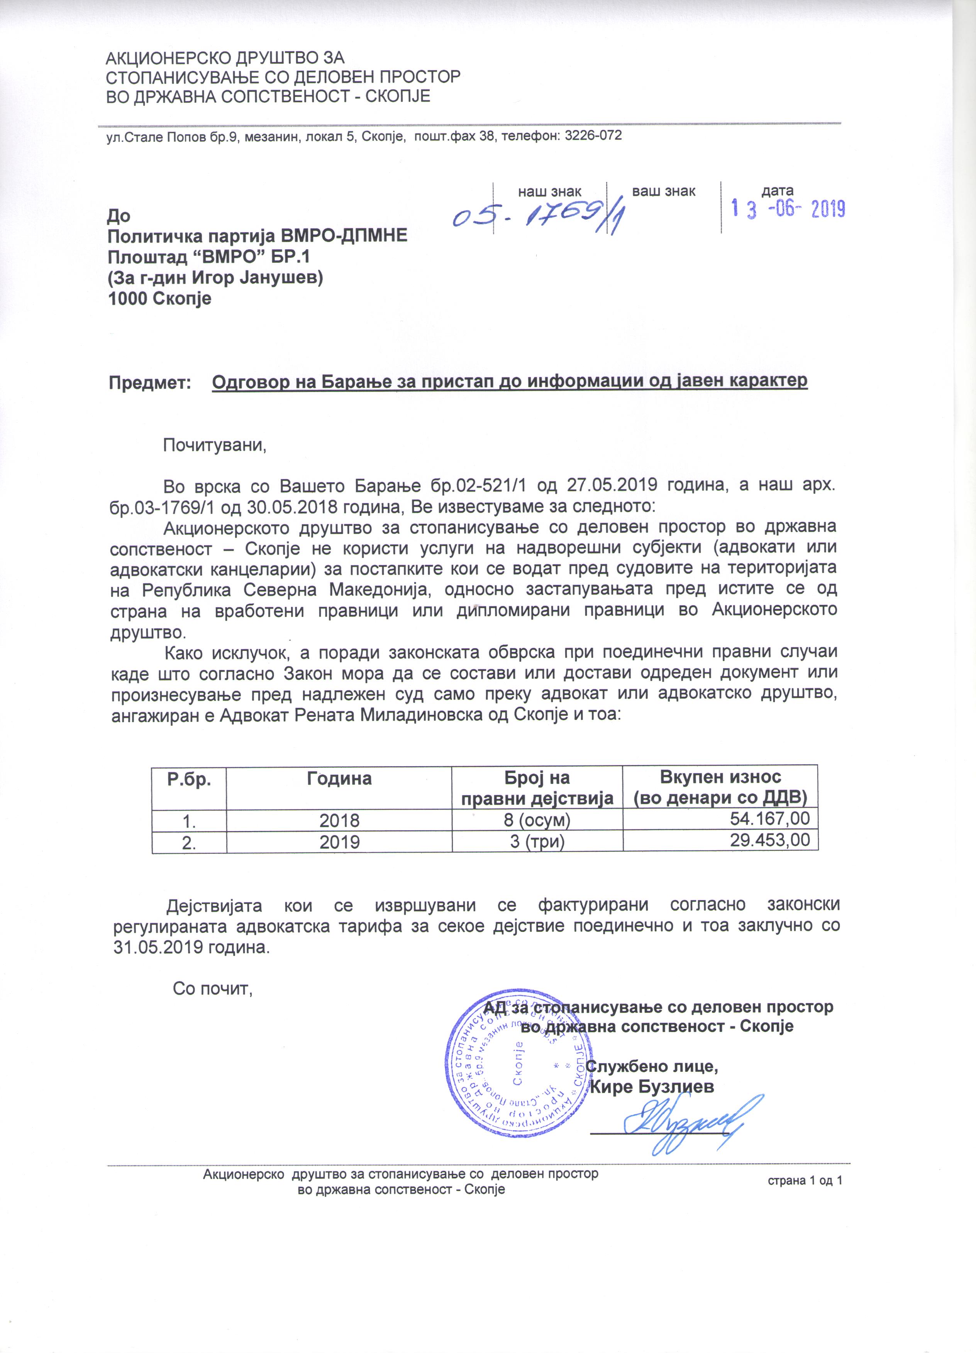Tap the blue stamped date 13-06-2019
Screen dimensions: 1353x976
point(788,209)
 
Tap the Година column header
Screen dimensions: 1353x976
point(339,779)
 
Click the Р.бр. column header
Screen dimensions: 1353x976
point(189,779)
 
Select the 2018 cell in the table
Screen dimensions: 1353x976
point(339,820)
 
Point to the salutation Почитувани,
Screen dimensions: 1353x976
point(214,445)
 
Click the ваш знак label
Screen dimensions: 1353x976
point(663,191)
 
